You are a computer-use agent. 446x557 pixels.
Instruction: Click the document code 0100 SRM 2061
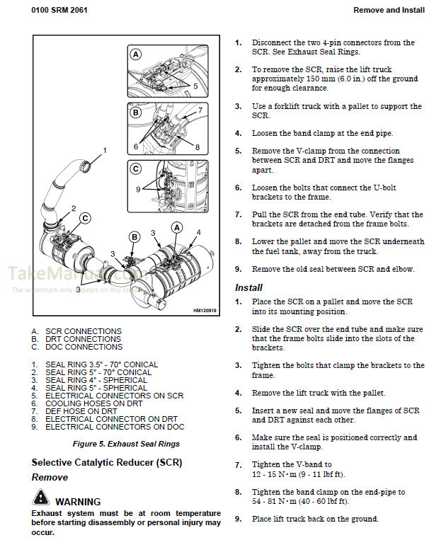click(x=62, y=10)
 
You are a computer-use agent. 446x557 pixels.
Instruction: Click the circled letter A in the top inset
click(x=135, y=54)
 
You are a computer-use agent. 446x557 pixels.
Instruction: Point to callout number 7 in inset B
click(x=200, y=110)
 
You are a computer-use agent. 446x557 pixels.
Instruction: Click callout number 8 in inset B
click(x=197, y=147)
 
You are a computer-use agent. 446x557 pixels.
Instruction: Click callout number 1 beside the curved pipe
click(x=105, y=150)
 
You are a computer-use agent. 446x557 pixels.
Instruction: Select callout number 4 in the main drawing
click(x=198, y=232)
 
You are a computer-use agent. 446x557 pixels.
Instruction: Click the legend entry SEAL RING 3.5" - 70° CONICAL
click(x=102, y=364)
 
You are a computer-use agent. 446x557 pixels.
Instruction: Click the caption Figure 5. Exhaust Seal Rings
click(x=126, y=444)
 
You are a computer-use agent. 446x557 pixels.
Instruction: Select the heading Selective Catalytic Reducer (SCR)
click(x=106, y=462)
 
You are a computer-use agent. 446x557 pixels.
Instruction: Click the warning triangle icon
click(x=40, y=501)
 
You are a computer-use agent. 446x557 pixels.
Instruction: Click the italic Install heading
click(x=248, y=287)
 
